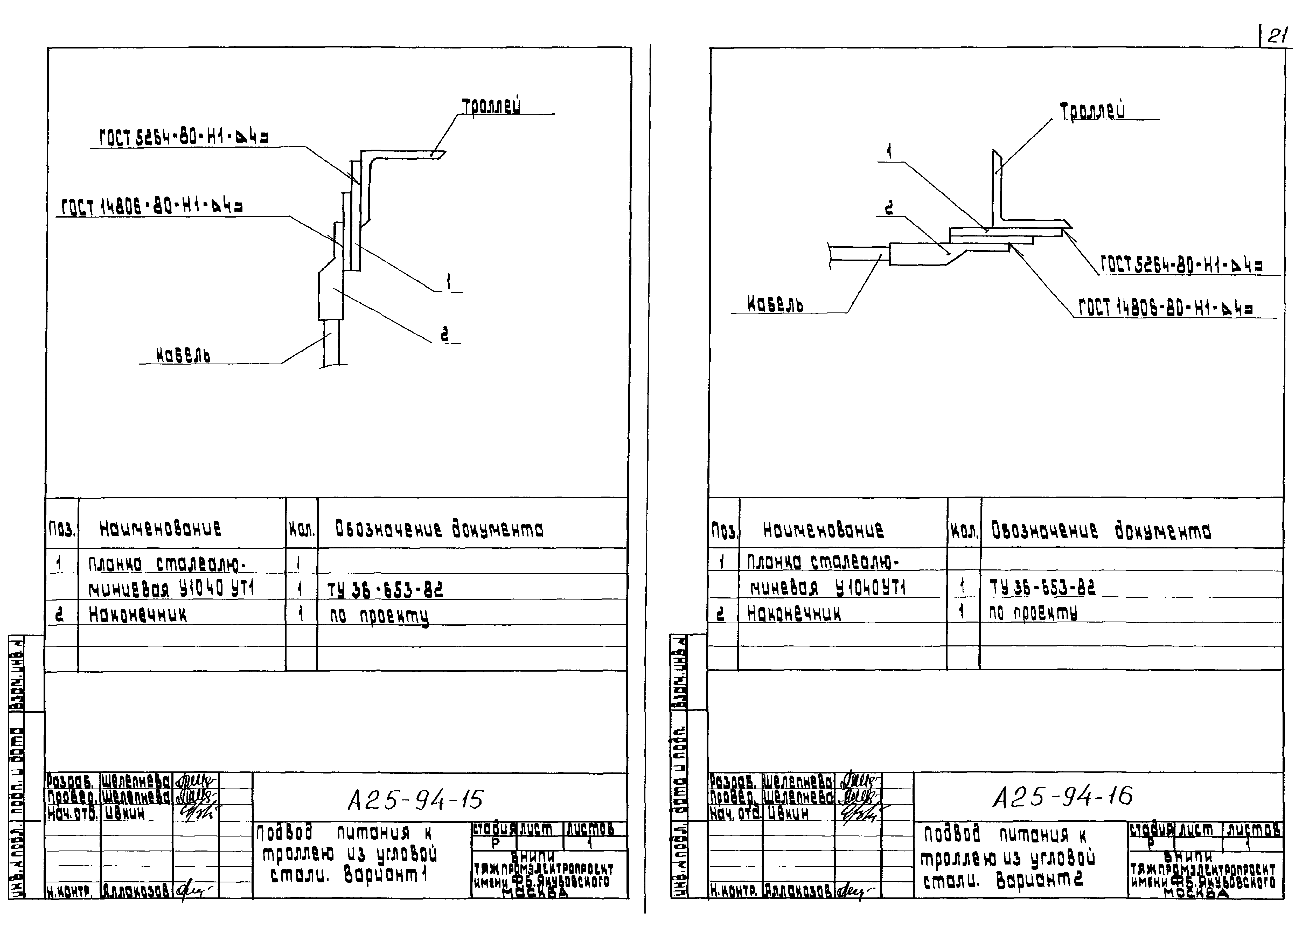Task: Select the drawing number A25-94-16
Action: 1063,796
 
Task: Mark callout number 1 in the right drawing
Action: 889,151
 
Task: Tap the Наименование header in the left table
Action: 160,528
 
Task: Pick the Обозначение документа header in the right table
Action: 1101,531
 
